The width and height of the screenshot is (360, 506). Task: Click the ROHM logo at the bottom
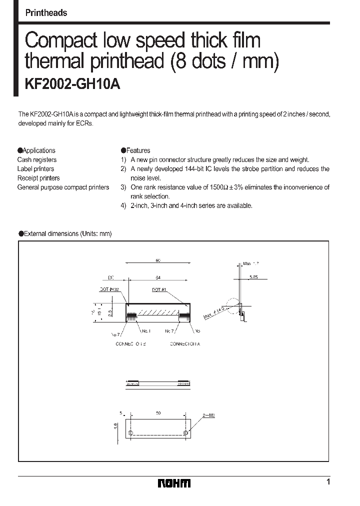click(x=174, y=483)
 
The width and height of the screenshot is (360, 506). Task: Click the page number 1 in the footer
click(x=328, y=482)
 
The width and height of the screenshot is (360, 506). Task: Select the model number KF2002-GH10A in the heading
click(x=72, y=85)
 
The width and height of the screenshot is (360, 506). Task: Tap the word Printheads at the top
click(x=46, y=13)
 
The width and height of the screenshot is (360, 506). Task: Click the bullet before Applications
click(x=20, y=150)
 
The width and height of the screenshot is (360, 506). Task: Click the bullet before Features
click(x=123, y=150)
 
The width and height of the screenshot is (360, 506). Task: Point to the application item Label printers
click(x=35, y=169)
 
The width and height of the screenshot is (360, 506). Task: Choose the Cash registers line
click(x=37, y=160)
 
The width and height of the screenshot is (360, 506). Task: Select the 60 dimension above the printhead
click(x=158, y=260)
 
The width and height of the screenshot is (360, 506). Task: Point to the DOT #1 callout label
click(x=159, y=289)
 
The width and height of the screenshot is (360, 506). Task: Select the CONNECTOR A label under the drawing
click(x=184, y=344)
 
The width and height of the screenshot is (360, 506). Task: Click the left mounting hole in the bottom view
click(x=131, y=433)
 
